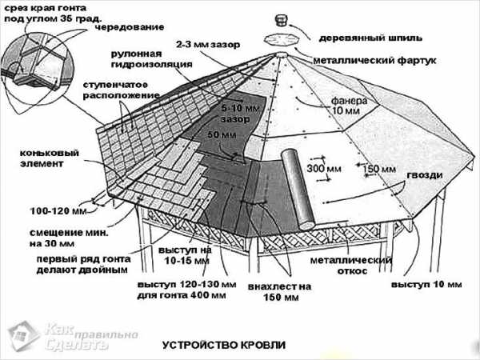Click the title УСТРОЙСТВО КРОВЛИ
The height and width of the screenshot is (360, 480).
pos(223,345)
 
